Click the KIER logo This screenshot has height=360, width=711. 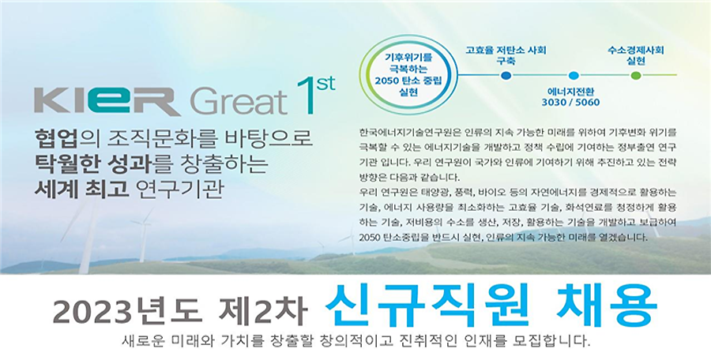coord(107,101)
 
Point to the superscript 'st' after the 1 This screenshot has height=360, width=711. coord(325,84)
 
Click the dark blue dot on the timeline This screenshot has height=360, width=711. coord(506,75)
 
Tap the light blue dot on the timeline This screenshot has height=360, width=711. coord(574,75)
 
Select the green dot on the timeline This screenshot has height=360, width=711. coord(636,75)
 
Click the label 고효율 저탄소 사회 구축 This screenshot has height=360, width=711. coord(506,54)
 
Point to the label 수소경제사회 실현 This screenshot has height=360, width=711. coord(636,54)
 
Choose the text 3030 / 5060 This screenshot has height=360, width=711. coord(570,103)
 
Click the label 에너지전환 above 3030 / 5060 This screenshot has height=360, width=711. coord(571,91)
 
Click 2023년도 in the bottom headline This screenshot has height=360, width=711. coord(126,311)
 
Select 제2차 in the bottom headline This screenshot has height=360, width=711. coord(263,311)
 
